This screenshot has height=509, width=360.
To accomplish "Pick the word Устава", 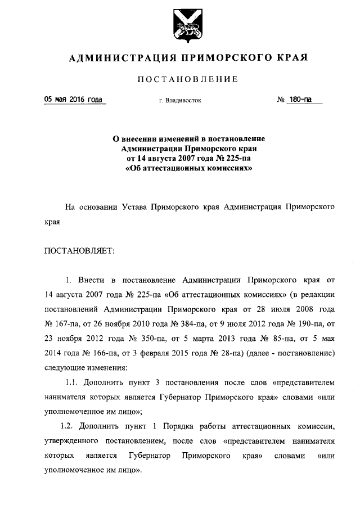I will click(x=135, y=206).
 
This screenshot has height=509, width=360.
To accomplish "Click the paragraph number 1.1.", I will click(x=74, y=382).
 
